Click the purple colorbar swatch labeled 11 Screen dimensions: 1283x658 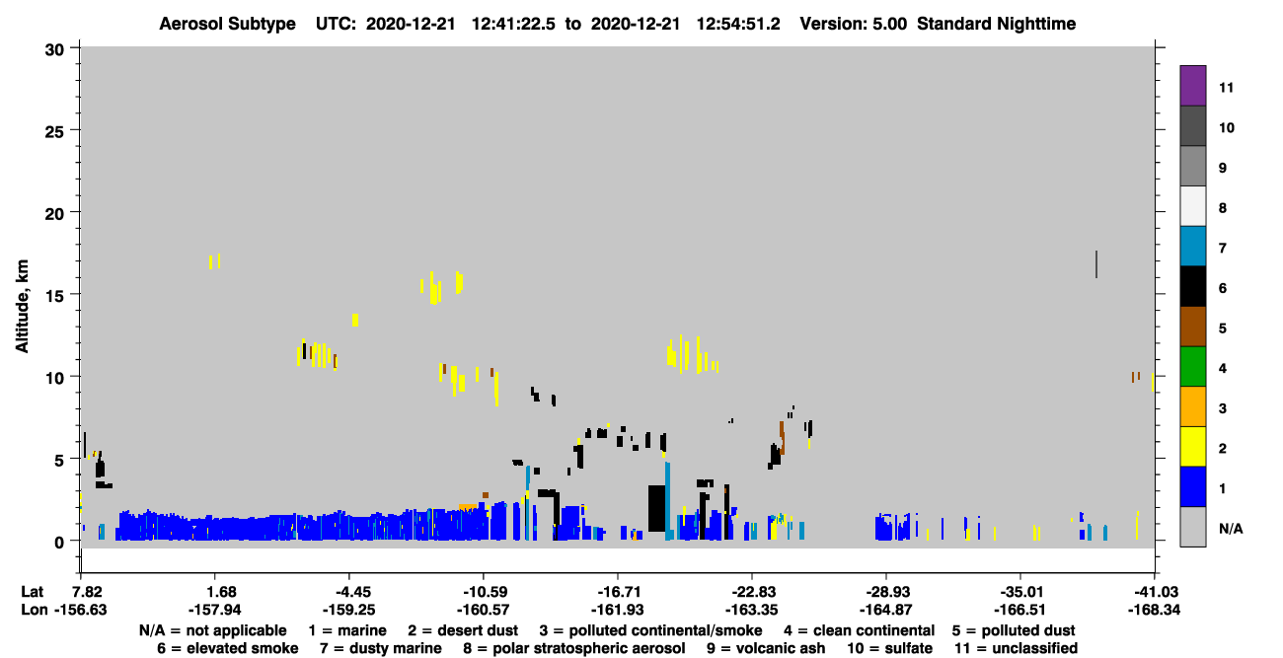click(1192, 86)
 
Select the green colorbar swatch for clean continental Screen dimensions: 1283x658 click(1192, 367)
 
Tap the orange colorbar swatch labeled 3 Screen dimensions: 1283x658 click(1192, 406)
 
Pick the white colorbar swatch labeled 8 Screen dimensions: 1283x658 click(1192, 206)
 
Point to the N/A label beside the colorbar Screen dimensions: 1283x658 click(1231, 529)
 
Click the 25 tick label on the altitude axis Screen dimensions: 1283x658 click(54, 132)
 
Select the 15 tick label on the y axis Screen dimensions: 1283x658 click(54, 296)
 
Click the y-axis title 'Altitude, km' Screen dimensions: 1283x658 click(22, 307)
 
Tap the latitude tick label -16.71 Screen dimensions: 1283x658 click(618, 592)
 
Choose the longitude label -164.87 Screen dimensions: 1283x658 click(886, 610)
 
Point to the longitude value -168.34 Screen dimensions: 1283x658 click(1154, 610)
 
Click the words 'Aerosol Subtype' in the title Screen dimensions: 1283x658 click(227, 24)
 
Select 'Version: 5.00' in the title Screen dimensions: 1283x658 click(854, 24)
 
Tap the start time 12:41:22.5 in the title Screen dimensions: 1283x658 click(513, 24)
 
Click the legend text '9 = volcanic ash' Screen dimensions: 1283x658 click(766, 648)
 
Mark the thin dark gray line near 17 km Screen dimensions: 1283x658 click(1096, 264)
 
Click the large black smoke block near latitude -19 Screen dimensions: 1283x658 click(657, 508)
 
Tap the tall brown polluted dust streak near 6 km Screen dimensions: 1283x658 click(782, 438)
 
